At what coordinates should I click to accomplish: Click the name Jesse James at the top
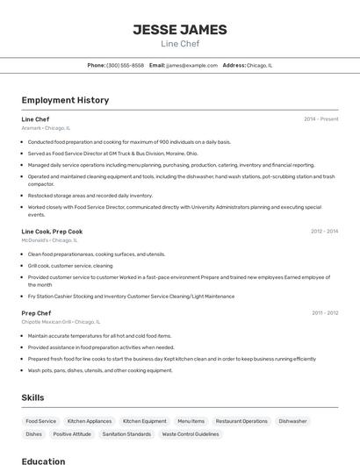[180, 29]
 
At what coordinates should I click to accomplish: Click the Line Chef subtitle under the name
[180, 43]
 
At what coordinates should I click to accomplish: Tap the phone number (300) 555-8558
[125, 65]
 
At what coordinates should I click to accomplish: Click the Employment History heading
[65, 100]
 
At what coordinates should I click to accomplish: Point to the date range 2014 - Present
[320, 118]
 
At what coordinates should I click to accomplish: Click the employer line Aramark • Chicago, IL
[46, 128]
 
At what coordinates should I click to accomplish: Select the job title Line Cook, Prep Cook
[52, 232]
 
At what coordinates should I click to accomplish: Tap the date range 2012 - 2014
[324, 232]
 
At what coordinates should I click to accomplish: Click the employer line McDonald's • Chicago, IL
[49, 240]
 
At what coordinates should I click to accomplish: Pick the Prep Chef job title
[36, 313]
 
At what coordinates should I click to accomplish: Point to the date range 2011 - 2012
[324, 313]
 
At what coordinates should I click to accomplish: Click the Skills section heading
[32, 397]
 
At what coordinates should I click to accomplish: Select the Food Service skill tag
[41, 421]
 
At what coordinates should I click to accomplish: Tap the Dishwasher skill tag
[293, 421]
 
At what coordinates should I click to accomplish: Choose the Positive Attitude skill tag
[72, 433]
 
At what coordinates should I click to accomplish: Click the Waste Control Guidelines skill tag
[191, 433]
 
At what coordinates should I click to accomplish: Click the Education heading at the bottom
[43, 461]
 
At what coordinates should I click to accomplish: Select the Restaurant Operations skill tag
[241, 421]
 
